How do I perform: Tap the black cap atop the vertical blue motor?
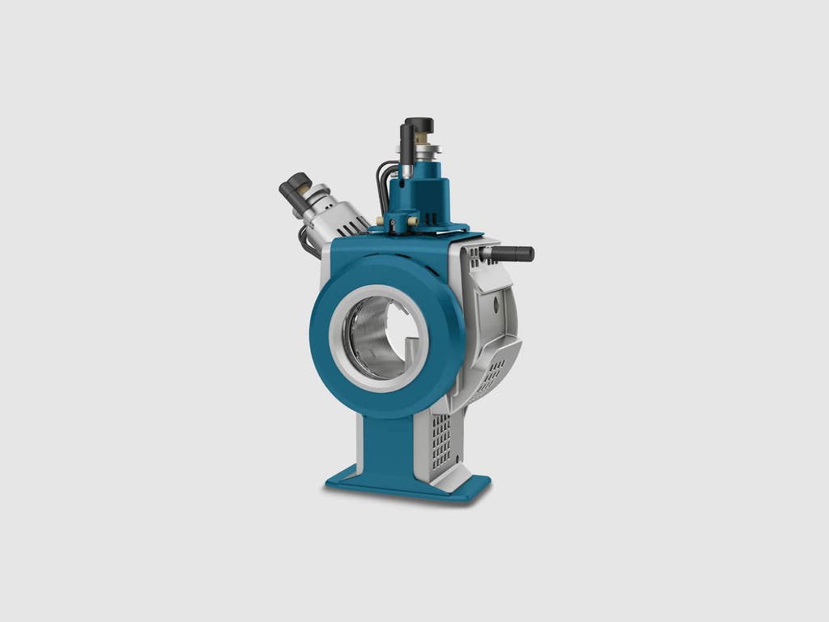click(x=421, y=125)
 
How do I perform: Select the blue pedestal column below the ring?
click(x=388, y=446)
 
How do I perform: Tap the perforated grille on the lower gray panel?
click(x=441, y=441)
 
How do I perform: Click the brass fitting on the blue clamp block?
click(x=411, y=221)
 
